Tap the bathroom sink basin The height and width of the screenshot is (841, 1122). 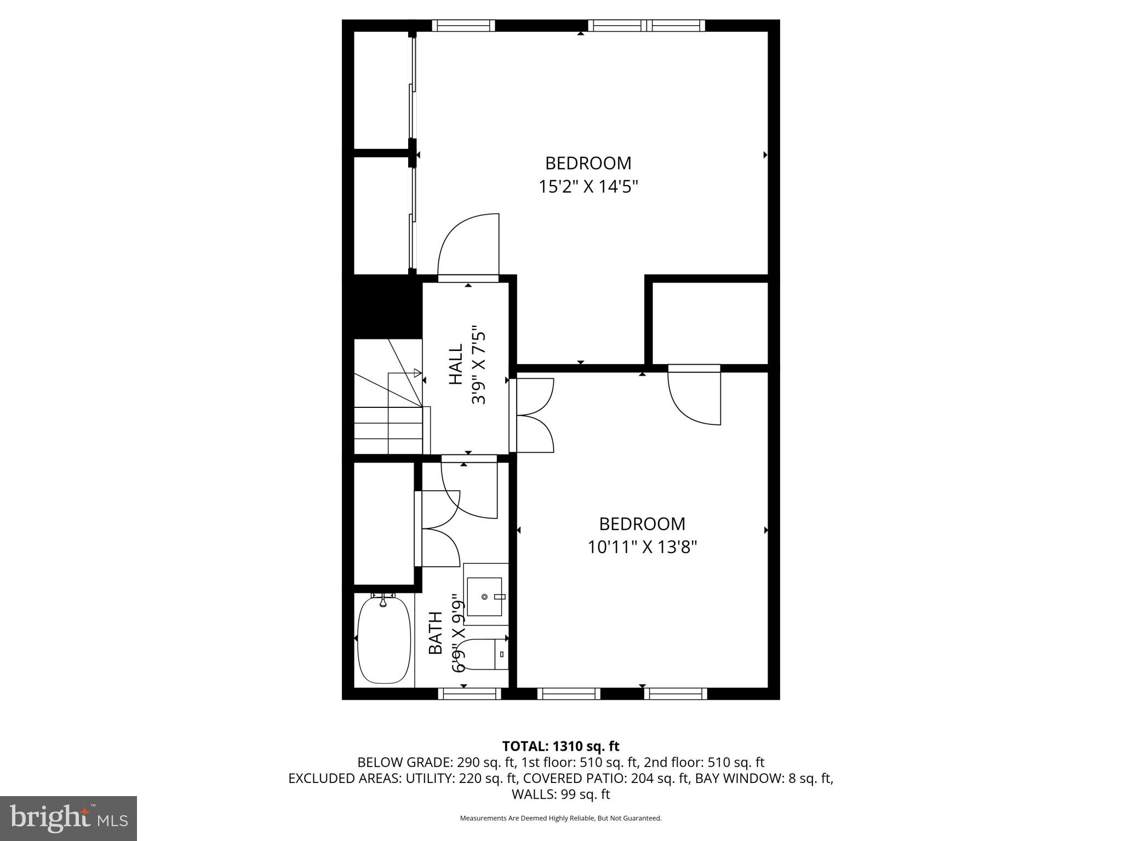tap(484, 596)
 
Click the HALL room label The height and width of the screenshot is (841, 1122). tap(456, 364)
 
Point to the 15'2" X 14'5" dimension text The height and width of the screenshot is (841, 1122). tap(588, 187)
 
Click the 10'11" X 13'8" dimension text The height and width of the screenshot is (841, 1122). tap(642, 548)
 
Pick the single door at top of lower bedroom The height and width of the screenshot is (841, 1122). tap(694, 395)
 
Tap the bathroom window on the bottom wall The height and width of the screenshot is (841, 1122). tap(470, 694)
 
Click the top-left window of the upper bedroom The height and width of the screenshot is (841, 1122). tap(463, 26)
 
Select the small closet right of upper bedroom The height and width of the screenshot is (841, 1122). tap(710, 323)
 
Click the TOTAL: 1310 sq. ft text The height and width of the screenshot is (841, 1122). tap(560, 746)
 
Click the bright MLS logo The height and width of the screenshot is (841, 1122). tap(68, 818)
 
